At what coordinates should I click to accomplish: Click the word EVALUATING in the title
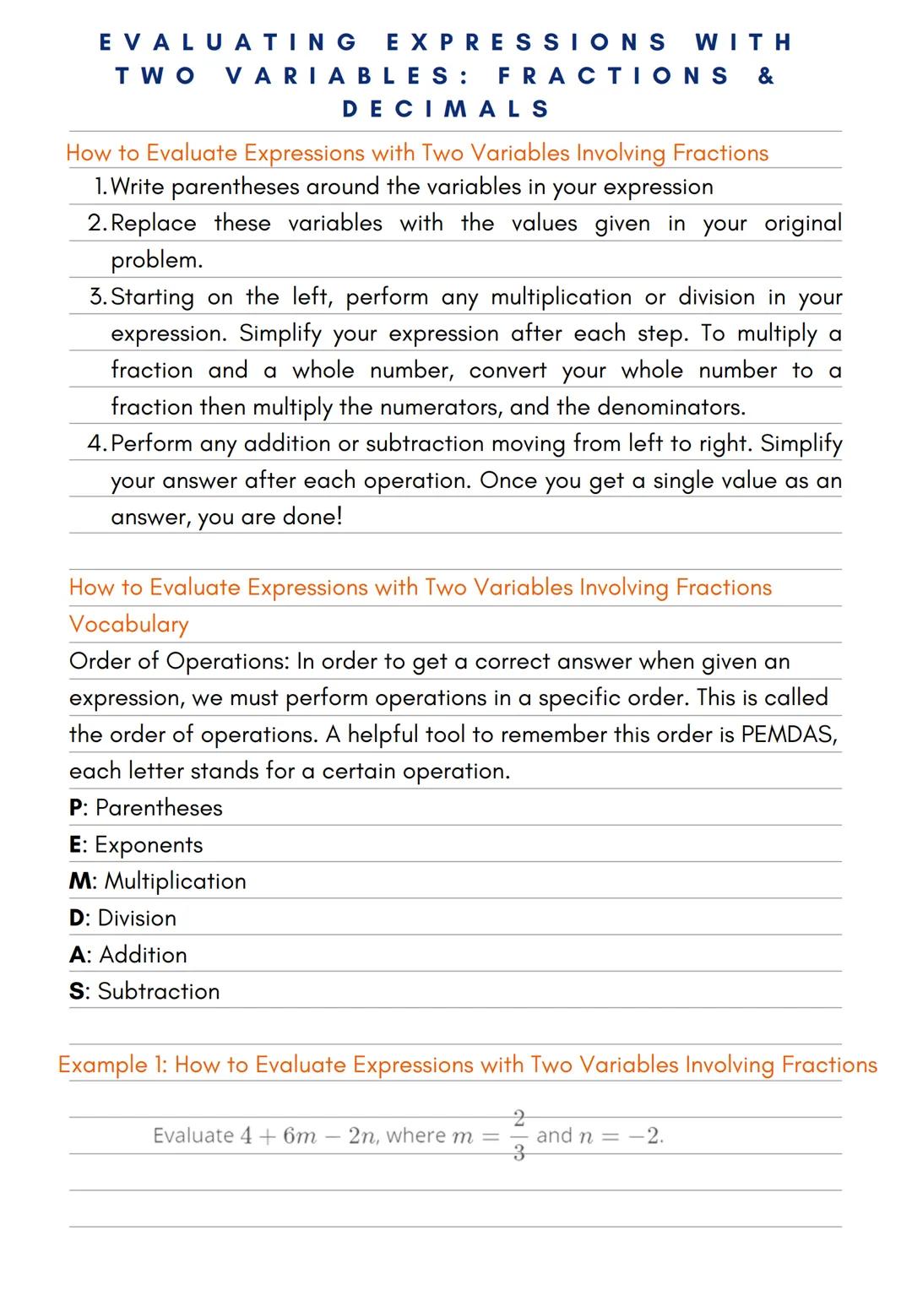(229, 42)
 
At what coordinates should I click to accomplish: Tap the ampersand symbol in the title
(766, 76)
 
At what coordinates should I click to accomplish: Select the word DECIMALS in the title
(447, 109)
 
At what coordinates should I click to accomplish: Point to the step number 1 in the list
(100, 187)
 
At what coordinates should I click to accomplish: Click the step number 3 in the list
(97, 297)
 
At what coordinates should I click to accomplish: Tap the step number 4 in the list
(96, 444)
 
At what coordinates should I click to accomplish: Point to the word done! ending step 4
(312, 517)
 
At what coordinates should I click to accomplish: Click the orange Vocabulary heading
(129, 624)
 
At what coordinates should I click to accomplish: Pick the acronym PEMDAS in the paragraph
(788, 734)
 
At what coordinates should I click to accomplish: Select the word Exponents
(149, 845)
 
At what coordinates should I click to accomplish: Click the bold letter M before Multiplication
(81, 881)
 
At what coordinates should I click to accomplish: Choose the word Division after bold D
(137, 919)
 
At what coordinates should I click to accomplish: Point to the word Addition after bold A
(143, 955)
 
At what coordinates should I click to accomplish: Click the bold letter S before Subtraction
(77, 991)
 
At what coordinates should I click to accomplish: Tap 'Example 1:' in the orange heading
(112, 1065)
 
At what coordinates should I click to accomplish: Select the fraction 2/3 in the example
(518, 1136)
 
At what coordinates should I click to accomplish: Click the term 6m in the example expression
(299, 1136)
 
